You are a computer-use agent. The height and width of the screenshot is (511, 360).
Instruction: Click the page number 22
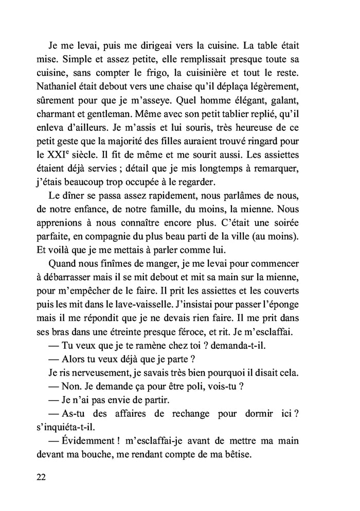(x=42, y=476)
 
